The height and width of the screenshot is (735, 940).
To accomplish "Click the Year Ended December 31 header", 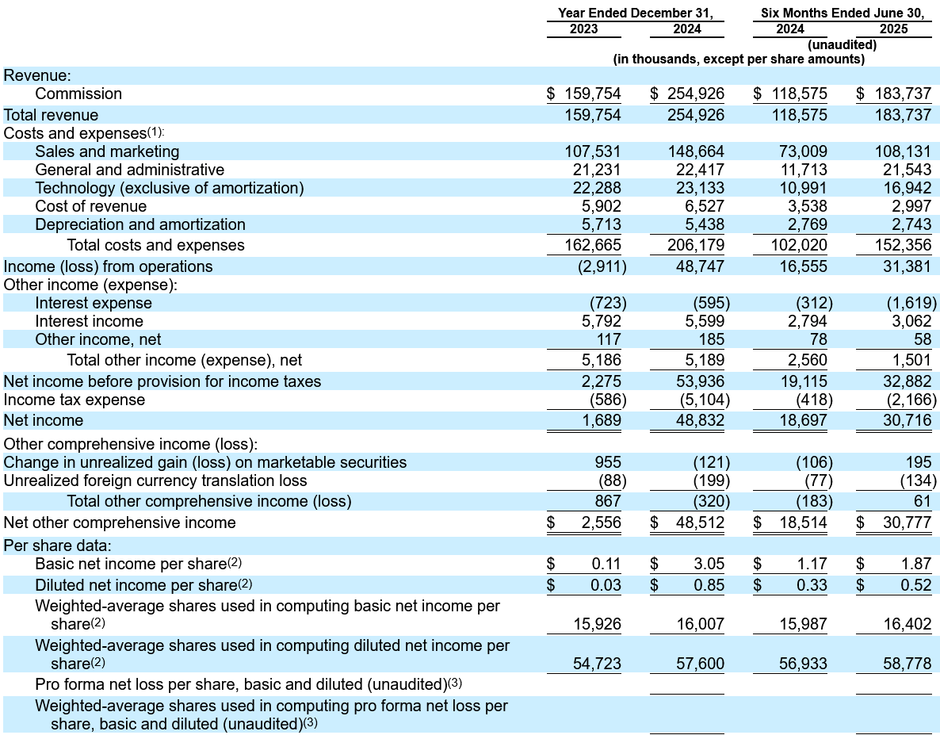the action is pos(636,13).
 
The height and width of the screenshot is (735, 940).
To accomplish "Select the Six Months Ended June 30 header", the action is pos(843,13).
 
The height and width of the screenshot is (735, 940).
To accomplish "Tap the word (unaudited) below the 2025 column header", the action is pos(842,45).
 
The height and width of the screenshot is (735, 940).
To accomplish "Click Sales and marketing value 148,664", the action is pos(696,151).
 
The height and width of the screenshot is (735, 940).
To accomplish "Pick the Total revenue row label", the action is pos(51,115).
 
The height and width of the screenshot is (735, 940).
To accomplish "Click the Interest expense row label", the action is pos(94,304).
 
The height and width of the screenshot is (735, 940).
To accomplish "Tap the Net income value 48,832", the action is pos(700,420).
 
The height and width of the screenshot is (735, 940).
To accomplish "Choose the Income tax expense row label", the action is pos(75,400).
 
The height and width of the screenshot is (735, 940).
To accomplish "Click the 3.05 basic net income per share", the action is pos(709,565).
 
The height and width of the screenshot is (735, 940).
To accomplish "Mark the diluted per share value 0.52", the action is pos(916,585).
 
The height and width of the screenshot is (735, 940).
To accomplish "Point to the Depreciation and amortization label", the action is pos(140,225).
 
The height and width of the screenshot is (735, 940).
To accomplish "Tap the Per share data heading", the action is pos(58,546).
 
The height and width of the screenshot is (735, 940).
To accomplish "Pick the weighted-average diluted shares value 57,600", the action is pos(700,664).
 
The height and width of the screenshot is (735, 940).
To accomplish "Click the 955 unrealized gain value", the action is pos(608,462).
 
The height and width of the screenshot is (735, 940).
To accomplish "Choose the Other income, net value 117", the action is pos(609,340).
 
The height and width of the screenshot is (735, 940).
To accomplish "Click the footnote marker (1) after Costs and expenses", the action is pos(155,132).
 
